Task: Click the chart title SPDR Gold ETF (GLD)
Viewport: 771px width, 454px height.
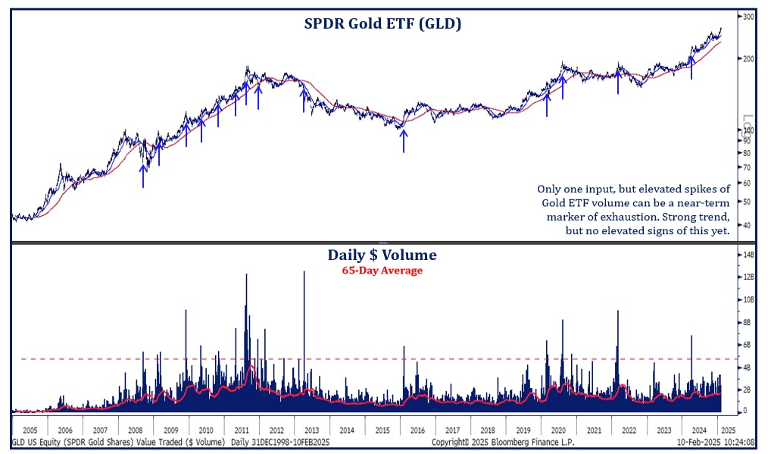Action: pyautogui.click(x=382, y=24)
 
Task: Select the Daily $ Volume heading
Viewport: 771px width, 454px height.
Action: pyautogui.click(x=382, y=255)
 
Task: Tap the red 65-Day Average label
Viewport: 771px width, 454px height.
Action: pyautogui.click(x=382, y=271)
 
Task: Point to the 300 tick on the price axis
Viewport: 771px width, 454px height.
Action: pyautogui.click(x=748, y=17)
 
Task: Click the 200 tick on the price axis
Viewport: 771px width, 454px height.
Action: pyautogui.click(x=748, y=59)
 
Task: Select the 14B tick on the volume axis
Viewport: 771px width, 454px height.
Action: pyautogui.click(x=748, y=255)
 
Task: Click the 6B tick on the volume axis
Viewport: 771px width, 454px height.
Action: pyautogui.click(x=748, y=345)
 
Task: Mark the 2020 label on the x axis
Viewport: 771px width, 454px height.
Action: pyautogui.click(x=559, y=429)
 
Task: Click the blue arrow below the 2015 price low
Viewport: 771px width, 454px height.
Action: pyautogui.click(x=404, y=141)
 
